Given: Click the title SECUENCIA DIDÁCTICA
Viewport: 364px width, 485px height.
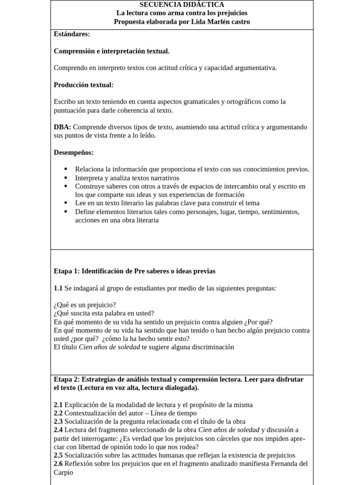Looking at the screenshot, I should (182, 4).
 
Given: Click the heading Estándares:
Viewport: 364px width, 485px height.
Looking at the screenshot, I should (72, 34).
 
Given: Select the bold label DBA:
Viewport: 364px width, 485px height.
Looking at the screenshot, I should (63, 127).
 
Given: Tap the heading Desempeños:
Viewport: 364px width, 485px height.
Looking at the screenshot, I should (73, 153).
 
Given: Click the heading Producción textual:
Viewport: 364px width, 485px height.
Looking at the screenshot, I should (83, 85).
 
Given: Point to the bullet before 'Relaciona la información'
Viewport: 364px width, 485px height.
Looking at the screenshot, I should (65, 170).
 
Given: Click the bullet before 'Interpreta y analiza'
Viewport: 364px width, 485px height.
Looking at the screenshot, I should (65, 178).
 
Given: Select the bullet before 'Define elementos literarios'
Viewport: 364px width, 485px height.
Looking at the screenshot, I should (65, 212).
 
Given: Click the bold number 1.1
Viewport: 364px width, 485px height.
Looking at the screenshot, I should (58, 288).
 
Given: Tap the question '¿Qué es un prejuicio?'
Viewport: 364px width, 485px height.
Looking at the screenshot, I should (85, 305).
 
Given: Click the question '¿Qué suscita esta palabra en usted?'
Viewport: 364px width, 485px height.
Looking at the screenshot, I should (104, 314).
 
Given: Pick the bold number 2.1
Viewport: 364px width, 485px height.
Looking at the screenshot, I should (58, 404).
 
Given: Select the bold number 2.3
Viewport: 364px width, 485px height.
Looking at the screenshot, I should (58, 422).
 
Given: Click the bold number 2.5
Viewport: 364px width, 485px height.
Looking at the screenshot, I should (58, 455).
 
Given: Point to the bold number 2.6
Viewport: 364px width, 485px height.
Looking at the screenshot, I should (58, 464).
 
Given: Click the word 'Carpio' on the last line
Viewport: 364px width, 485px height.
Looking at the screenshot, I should (64, 472).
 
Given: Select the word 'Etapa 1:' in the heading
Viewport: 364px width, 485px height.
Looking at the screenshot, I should (67, 271).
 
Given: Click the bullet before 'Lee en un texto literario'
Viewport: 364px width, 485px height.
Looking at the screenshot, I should (65, 203).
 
